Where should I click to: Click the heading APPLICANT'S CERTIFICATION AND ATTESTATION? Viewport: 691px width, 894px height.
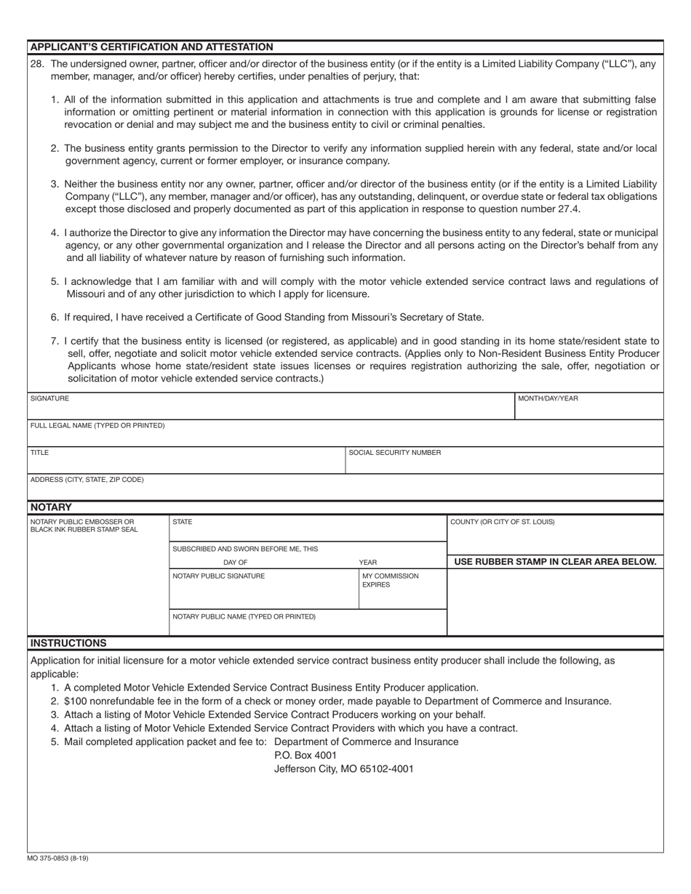[151, 47]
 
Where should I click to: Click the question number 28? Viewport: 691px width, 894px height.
[37, 64]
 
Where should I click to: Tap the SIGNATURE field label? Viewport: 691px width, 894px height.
[49, 398]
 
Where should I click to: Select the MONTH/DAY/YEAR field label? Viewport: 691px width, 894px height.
[548, 398]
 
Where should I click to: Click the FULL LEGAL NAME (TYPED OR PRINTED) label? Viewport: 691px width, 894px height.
[97, 425]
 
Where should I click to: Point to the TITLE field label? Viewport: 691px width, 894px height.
[39, 452]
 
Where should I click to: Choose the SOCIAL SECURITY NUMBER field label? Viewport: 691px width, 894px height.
[394, 452]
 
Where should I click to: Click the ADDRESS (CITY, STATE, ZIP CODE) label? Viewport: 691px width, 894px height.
[87, 480]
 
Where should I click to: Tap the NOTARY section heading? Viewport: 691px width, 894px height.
[51, 507]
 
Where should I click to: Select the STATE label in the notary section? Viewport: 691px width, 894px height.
[182, 522]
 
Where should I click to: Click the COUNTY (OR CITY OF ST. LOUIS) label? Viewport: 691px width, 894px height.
[502, 522]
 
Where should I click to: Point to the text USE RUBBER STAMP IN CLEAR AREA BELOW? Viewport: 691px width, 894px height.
[555, 562]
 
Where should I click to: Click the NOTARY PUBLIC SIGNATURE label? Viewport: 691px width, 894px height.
[218, 576]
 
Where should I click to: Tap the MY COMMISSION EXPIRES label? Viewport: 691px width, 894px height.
[390, 580]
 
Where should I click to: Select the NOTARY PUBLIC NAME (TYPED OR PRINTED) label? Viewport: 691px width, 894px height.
[244, 616]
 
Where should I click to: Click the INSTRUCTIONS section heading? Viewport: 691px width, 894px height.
[68, 643]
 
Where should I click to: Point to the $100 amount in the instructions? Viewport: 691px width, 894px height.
[76, 701]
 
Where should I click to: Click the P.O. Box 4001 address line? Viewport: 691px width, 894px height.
[305, 755]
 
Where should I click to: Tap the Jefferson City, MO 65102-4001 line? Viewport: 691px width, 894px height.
[343, 768]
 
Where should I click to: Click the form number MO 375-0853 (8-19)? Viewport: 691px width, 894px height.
[58, 858]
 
